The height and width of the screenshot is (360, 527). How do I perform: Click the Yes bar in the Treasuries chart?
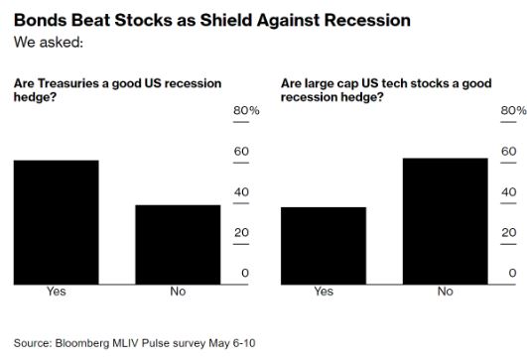click(x=57, y=222)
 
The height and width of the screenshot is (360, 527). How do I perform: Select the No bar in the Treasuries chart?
click(x=178, y=245)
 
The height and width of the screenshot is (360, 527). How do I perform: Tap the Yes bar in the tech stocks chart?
click(x=324, y=246)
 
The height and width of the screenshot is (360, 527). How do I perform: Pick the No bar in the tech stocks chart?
click(x=446, y=221)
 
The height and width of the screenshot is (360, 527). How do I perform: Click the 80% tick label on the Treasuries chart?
click(x=246, y=110)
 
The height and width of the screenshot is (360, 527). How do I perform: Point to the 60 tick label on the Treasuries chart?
click(x=241, y=152)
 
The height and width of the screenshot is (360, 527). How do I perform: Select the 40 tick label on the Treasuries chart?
click(x=241, y=192)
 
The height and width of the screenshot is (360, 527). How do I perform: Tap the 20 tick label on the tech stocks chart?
click(x=509, y=232)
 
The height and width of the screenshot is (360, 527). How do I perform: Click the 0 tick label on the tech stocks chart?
click(x=512, y=273)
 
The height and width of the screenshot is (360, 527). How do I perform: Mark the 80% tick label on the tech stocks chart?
click(x=513, y=110)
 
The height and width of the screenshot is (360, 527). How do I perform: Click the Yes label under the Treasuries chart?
click(x=57, y=292)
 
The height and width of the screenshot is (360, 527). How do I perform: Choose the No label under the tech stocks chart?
click(x=446, y=292)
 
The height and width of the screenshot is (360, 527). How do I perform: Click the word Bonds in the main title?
click(x=40, y=20)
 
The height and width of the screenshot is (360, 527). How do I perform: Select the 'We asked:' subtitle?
click(x=49, y=43)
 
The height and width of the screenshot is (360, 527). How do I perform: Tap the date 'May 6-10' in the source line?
click(x=232, y=343)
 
